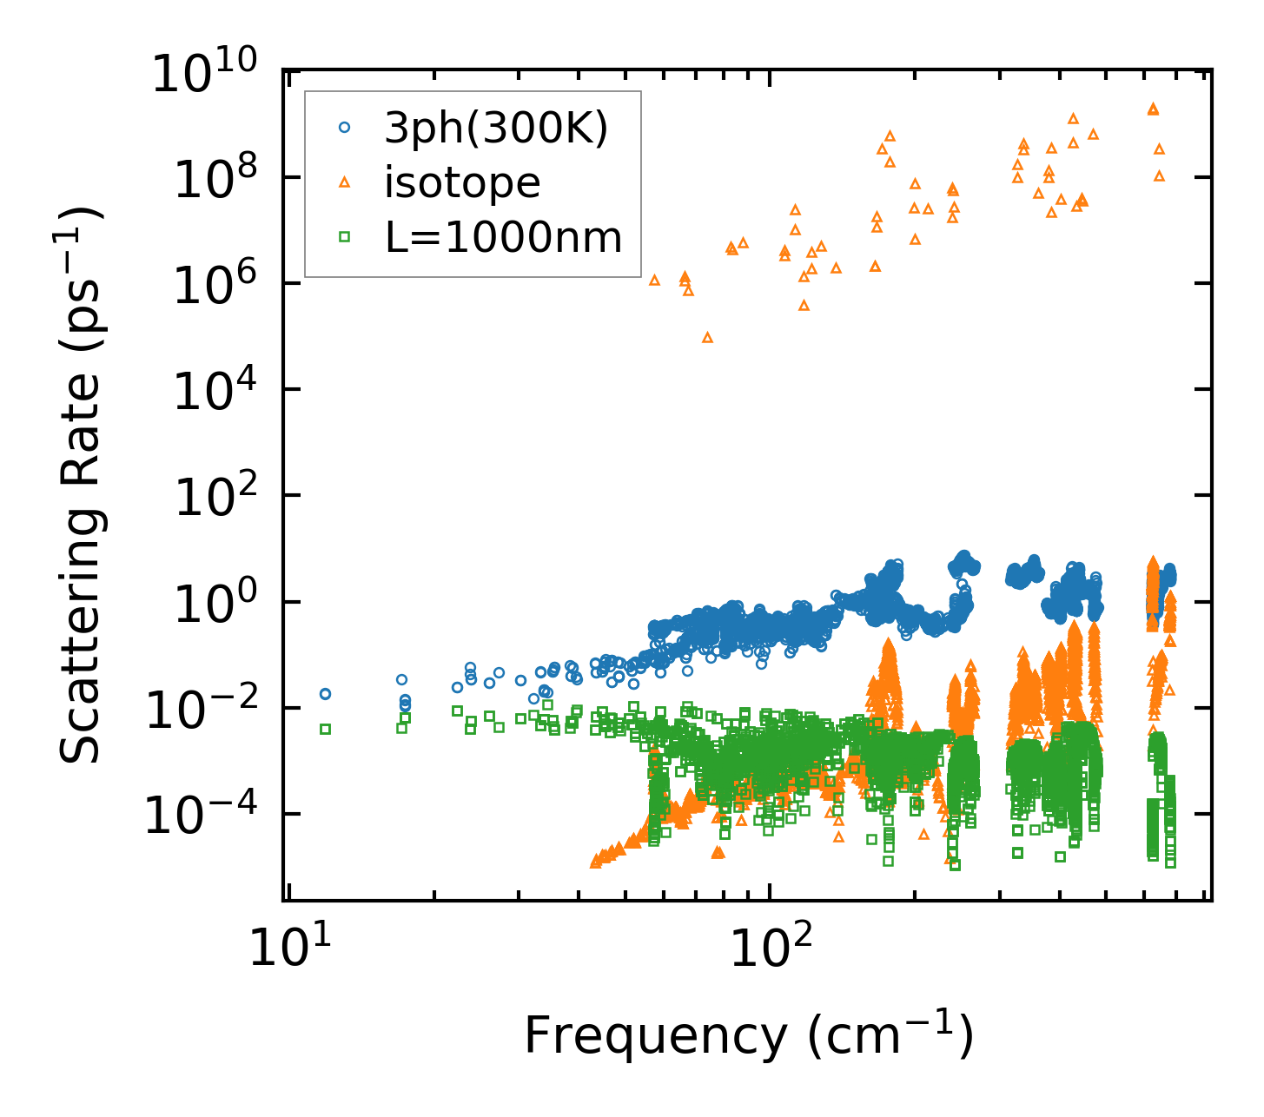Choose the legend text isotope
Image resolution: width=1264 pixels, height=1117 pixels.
(x=463, y=183)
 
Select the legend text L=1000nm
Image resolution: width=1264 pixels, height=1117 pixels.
(x=504, y=237)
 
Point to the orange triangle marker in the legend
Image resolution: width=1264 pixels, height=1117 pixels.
(x=344, y=182)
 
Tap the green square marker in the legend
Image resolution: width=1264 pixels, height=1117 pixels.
(x=344, y=235)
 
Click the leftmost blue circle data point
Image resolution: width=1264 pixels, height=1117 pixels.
(x=325, y=694)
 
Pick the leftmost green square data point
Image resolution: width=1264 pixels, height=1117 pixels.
(x=325, y=729)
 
